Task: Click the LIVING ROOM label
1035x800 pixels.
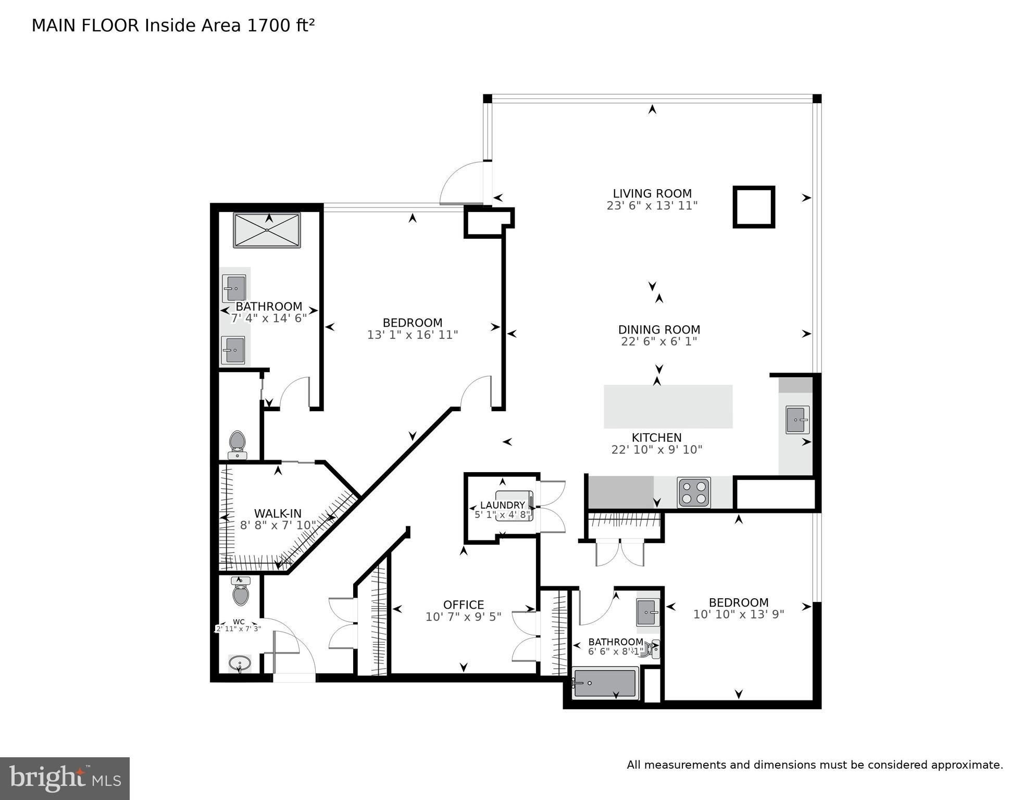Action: click(x=652, y=193)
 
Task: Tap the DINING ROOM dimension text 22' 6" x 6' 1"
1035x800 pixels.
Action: click(x=659, y=341)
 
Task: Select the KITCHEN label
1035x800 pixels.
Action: click(x=656, y=438)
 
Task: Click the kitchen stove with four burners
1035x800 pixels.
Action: click(x=694, y=493)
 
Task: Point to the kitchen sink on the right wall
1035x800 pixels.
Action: click(x=797, y=420)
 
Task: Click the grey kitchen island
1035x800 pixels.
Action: click(x=668, y=407)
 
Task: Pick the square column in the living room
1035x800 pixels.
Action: click(x=754, y=207)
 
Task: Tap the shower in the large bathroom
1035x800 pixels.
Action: click(x=267, y=230)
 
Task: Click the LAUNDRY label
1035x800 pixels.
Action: click(x=502, y=505)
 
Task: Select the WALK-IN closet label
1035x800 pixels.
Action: click(x=278, y=513)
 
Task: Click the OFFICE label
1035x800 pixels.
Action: click(x=464, y=605)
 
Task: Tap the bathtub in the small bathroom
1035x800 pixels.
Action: click(x=605, y=683)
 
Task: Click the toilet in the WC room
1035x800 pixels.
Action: click(x=240, y=591)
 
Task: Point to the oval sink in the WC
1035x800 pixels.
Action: click(x=240, y=663)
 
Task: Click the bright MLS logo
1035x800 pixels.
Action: click(x=65, y=779)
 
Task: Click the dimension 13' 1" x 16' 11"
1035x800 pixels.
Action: click(x=413, y=335)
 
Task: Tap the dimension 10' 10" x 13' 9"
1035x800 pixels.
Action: click(x=739, y=614)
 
